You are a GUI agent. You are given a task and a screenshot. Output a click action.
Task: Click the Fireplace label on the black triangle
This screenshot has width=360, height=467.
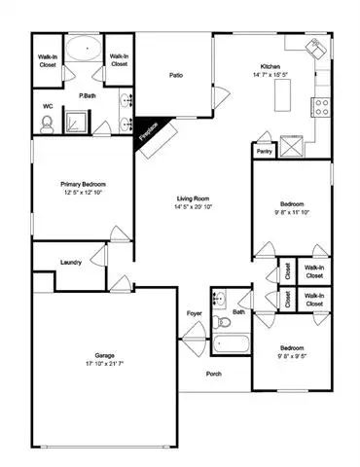click(x=149, y=131)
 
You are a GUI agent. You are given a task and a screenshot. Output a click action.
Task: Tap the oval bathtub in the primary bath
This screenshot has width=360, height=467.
click(x=84, y=48)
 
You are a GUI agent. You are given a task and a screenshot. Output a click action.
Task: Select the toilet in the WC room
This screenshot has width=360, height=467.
click(x=47, y=125)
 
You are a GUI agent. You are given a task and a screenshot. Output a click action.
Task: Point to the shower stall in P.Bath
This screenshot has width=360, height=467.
click(x=76, y=122)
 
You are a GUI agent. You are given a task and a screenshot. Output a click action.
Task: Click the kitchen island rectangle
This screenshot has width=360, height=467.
click(x=282, y=95)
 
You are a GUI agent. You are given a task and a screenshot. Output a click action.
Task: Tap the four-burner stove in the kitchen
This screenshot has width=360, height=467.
click(x=321, y=107)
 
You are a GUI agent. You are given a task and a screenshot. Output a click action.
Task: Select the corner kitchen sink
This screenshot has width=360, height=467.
click(x=316, y=49)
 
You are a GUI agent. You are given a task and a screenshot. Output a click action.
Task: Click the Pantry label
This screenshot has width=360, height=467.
click(x=265, y=152)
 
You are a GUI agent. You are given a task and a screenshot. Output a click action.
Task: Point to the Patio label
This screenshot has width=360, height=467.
click(x=176, y=75)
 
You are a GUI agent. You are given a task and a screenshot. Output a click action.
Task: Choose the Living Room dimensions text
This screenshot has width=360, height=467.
click(x=193, y=206)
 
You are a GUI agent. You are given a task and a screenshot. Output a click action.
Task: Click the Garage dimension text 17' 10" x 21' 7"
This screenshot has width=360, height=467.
click(x=105, y=364)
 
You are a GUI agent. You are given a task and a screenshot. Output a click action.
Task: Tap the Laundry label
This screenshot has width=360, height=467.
click(x=71, y=262)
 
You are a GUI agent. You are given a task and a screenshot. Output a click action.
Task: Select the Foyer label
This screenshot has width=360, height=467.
click(x=195, y=313)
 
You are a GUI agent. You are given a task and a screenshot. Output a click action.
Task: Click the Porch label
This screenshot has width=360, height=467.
click(x=214, y=374)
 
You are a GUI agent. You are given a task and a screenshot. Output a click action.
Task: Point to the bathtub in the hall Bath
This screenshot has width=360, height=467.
click(x=232, y=343)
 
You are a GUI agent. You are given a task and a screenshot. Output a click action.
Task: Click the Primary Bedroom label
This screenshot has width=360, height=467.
click(x=83, y=184)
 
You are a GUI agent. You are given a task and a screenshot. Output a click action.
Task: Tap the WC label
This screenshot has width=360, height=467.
click(x=48, y=106)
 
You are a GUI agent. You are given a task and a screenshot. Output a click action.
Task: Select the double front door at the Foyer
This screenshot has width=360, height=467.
click(x=194, y=340)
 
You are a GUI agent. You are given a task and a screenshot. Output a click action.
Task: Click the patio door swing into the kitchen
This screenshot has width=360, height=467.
click(x=222, y=95)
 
